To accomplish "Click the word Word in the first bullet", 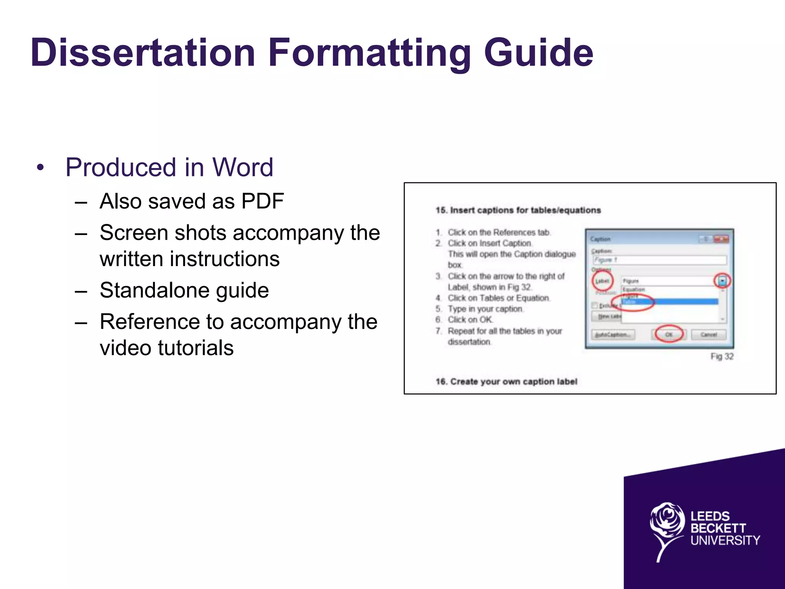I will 243,167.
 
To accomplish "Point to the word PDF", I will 263,201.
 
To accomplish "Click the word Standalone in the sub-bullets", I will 152,290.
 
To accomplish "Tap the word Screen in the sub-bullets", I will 135,232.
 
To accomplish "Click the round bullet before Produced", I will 40,168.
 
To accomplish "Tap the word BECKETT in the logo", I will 718,528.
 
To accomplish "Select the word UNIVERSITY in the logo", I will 725,541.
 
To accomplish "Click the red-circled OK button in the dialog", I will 669,334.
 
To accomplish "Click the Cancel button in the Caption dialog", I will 709,334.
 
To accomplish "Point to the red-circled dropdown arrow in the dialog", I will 722,281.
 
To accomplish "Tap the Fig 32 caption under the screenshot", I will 722,356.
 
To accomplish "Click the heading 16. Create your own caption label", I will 506,382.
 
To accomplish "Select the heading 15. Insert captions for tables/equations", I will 518,210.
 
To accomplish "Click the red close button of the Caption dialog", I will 721,239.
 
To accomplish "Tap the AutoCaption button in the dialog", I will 613,335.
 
